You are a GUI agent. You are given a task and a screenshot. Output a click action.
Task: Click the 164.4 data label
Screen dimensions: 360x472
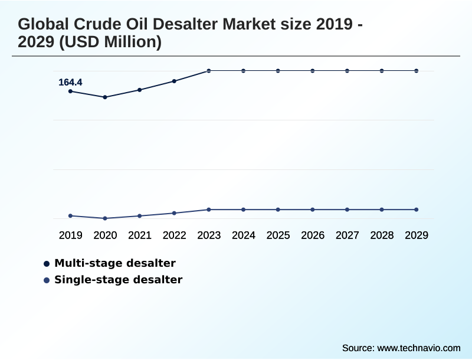pyautogui.click(x=70, y=83)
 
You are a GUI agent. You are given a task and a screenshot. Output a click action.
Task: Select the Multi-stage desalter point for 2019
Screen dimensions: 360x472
pyautogui.click(x=70, y=91)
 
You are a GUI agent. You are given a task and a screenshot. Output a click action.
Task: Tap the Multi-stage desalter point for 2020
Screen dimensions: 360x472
pyautogui.click(x=105, y=97)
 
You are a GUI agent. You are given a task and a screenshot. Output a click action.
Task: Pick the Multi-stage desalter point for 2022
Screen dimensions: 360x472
pyautogui.click(x=174, y=81)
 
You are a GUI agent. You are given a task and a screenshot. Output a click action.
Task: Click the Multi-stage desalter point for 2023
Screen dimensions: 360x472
pyautogui.click(x=209, y=71)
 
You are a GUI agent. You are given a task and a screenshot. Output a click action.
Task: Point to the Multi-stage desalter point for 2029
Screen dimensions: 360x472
pyautogui.click(x=417, y=71)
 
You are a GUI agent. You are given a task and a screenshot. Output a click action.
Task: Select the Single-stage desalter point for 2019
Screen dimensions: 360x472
pyautogui.click(x=70, y=216)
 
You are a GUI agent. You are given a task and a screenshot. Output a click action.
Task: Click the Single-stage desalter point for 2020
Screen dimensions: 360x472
pyautogui.click(x=105, y=218)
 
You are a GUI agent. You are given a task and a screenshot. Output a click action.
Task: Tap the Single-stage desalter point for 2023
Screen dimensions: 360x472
pyautogui.click(x=209, y=210)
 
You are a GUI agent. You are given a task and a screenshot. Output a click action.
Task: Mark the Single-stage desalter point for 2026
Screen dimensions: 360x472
pyautogui.click(x=313, y=210)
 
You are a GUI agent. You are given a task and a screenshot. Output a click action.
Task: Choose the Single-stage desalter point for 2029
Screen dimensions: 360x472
pyautogui.click(x=417, y=210)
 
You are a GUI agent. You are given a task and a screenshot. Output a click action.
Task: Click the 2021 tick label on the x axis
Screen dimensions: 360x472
pyautogui.click(x=140, y=235)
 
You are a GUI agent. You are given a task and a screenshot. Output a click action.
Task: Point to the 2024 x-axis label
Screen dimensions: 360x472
pyautogui.click(x=244, y=235)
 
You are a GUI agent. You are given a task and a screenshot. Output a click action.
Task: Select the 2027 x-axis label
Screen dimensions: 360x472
pyautogui.click(x=348, y=235)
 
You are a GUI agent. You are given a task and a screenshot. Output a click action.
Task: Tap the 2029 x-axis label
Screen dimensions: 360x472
pyautogui.click(x=417, y=235)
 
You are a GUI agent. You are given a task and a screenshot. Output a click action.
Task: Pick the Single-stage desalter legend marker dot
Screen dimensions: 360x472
pyautogui.click(x=47, y=280)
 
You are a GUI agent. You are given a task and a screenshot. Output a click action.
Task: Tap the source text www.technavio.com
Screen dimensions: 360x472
pyautogui.click(x=419, y=348)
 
